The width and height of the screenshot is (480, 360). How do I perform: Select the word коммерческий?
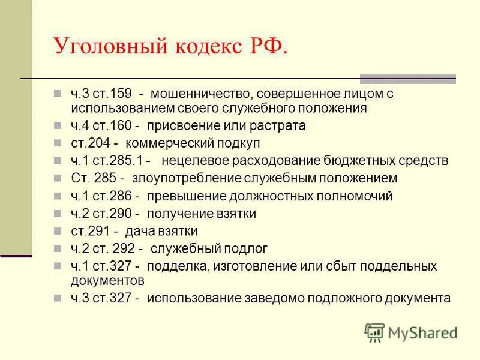[x=179, y=143]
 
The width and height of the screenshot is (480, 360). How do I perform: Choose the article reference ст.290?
[x=112, y=213]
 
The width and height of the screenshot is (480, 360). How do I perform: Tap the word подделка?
[x=179, y=266]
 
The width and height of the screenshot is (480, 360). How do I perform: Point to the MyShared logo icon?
[x=374, y=332]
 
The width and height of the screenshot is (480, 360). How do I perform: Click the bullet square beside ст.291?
[x=57, y=231]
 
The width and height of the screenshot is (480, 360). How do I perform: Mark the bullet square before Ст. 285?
[x=57, y=178]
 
